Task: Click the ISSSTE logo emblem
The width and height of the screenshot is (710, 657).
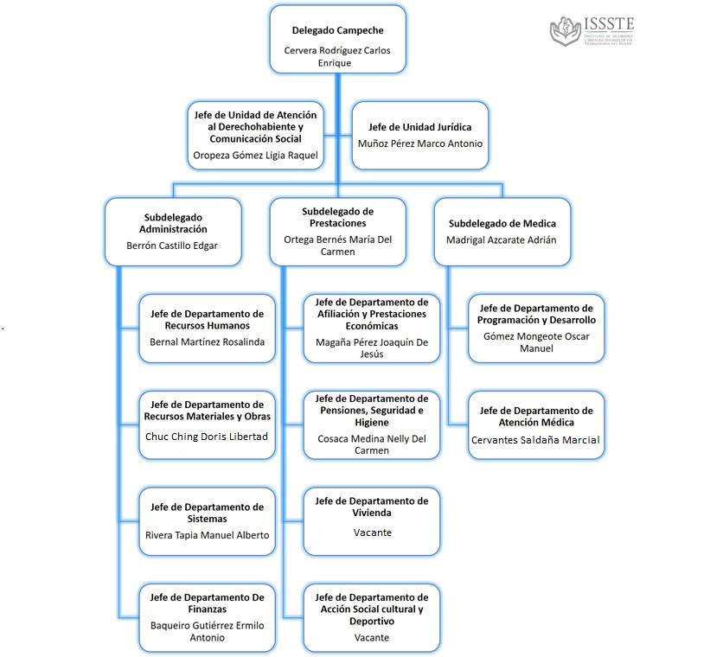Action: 566,31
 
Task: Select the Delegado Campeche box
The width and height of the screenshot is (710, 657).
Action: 337,39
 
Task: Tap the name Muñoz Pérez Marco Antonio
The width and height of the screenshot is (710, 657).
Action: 420,144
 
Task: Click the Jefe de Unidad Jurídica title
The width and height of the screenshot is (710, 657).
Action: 419,126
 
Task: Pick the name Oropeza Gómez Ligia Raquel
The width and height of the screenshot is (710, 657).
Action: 254,156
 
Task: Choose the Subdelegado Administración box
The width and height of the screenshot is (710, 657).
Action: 173,231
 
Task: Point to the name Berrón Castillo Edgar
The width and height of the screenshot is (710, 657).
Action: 173,246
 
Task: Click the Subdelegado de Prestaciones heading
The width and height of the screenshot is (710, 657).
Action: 337,217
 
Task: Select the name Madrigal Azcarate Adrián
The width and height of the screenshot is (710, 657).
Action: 502,239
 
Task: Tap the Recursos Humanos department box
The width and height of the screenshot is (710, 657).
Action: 208,328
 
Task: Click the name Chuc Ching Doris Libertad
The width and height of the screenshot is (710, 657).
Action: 208,436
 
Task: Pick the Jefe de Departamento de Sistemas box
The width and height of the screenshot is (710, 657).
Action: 208,520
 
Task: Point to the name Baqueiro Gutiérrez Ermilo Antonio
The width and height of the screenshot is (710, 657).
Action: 208,631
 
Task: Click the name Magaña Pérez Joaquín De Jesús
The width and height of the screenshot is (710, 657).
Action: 372,348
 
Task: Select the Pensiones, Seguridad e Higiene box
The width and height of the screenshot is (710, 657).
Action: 372,424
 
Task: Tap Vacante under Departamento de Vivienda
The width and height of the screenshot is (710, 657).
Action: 372,533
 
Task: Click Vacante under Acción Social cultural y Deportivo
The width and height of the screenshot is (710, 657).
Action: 372,637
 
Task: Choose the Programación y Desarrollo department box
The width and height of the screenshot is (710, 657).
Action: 536,328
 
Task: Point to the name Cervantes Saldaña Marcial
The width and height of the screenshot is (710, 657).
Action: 535,440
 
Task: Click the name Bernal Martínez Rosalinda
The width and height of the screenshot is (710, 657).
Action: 208,341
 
